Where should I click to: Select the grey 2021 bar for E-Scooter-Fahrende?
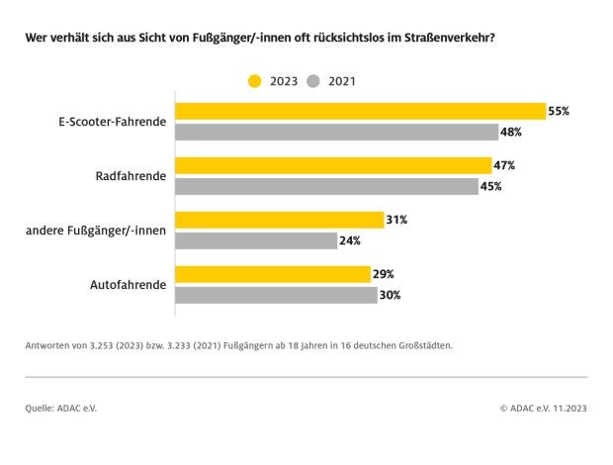(337, 132)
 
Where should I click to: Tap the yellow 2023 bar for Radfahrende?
(333, 165)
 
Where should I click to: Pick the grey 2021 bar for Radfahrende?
(326, 186)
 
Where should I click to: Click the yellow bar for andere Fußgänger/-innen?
(280, 220)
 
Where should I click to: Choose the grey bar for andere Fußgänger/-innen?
(256, 240)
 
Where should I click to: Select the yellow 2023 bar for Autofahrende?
(273, 274)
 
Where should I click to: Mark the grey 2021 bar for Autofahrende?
(276, 295)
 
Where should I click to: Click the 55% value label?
(559, 111)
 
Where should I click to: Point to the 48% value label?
(511, 132)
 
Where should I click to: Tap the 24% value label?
(349, 240)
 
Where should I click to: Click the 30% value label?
(390, 295)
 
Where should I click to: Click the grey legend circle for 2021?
(313, 81)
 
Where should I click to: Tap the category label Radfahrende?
(132, 176)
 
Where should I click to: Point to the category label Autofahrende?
(129, 285)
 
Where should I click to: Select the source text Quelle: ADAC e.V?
(61, 407)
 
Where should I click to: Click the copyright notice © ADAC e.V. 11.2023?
(543, 407)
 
